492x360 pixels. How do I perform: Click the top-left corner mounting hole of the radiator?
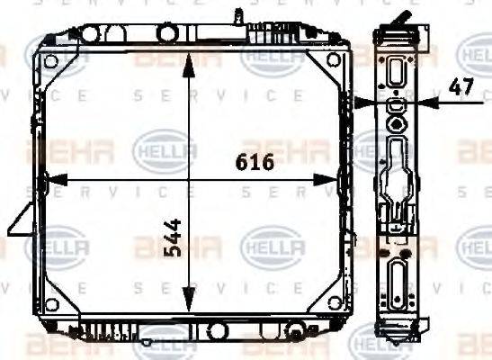pyautogui.click(x=51, y=61)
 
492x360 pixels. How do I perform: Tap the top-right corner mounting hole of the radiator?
pyautogui.click(x=335, y=61)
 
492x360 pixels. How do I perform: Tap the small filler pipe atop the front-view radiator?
pyautogui.click(x=237, y=16)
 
